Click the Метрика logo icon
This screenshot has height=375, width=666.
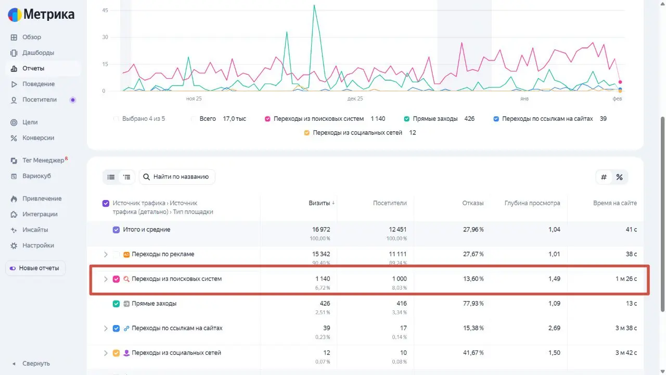[x=15, y=15]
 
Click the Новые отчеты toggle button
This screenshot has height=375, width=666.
[x=35, y=268]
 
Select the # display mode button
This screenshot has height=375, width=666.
[x=604, y=177]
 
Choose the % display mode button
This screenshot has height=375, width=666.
[x=619, y=177]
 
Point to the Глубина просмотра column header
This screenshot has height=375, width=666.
[x=532, y=203]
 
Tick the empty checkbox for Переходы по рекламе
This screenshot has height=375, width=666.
[x=116, y=255]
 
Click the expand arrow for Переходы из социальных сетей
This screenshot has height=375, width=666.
[x=106, y=353]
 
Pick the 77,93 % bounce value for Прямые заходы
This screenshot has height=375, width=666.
[x=473, y=303]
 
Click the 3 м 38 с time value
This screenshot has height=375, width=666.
[x=626, y=328]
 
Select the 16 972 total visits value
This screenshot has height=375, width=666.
[x=321, y=230]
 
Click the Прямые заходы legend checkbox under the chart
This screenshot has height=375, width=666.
[x=406, y=119]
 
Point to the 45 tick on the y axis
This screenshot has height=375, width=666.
[x=105, y=10]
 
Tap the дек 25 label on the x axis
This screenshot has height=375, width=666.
[x=355, y=98]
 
